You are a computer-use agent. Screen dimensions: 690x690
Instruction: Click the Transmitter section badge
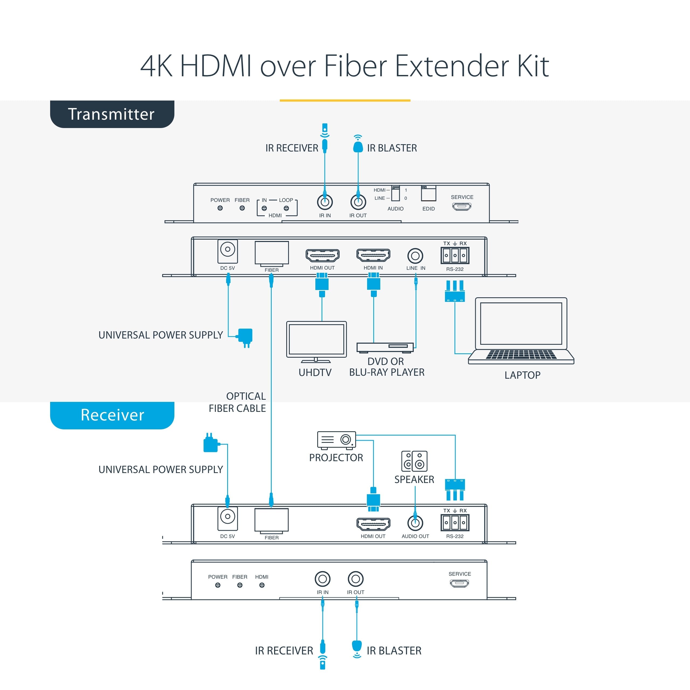(112, 114)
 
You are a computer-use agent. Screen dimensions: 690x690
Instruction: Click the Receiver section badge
(112, 415)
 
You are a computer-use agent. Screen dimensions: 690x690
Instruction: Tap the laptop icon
(521, 331)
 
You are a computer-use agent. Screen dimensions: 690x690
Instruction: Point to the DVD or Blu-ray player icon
(385, 347)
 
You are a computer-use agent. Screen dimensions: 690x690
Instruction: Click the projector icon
(336, 440)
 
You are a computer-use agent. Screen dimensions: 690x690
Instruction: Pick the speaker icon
(414, 461)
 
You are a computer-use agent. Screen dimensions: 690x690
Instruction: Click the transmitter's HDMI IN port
(373, 255)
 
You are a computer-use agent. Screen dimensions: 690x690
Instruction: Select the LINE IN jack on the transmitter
(415, 256)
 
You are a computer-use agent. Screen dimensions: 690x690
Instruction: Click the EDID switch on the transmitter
(429, 194)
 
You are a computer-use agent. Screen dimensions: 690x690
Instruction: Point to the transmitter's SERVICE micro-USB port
(462, 206)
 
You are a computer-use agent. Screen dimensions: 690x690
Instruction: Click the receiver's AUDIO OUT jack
(415, 523)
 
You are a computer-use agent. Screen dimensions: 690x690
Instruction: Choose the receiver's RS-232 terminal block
(455, 523)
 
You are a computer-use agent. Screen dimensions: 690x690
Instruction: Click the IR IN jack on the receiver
(323, 579)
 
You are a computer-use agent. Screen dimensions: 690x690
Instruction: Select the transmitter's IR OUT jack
(358, 202)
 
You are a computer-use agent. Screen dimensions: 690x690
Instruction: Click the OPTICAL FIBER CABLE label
(237, 402)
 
